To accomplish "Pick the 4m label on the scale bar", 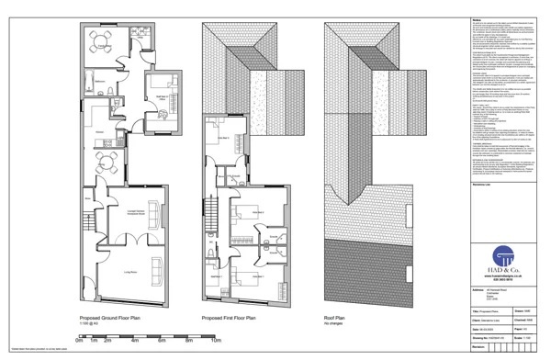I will point(134,341).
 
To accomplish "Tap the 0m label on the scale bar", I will point(80,341).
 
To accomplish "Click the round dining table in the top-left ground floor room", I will point(99,41).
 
